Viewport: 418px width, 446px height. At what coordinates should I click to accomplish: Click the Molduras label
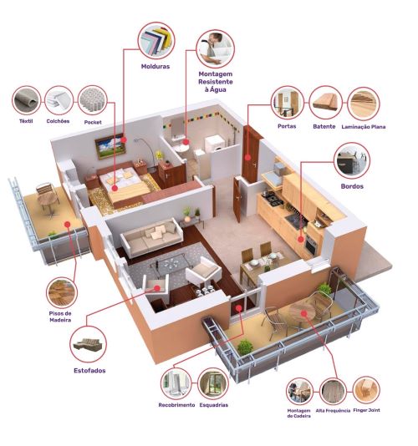tap(155, 67)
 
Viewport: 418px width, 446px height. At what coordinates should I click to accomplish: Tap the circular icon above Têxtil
tap(26, 101)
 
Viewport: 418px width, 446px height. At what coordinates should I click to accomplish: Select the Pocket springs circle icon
tap(92, 101)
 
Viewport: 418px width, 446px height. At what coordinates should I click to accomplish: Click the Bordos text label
tap(352, 186)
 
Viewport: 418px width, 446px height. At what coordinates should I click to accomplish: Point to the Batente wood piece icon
tap(325, 103)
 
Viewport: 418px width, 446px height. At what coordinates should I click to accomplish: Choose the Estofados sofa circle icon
tap(88, 344)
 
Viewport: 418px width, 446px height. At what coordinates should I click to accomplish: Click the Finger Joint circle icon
tap(366, 390)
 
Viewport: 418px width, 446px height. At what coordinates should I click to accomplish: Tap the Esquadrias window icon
tap(213, 383)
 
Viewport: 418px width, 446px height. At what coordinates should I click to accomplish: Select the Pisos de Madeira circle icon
tap(62, 292)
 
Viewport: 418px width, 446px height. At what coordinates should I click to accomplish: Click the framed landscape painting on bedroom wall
tap(110, 146)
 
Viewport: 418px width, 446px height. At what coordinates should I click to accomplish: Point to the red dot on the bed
tap(115, 188)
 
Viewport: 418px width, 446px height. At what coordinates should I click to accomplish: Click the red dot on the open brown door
tap(247, 157)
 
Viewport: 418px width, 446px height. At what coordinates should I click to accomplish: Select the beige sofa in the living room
tap(152, 237)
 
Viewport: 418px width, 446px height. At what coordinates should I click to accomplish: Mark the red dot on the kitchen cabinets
tap(301, 240)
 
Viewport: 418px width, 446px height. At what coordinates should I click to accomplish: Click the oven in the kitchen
tap(310, 245)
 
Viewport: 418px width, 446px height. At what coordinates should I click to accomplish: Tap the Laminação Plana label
tap(364, 127)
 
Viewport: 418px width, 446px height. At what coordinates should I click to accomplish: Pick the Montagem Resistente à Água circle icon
tap(215, 49)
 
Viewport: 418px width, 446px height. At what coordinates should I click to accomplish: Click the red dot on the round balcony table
tap(304, 313)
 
